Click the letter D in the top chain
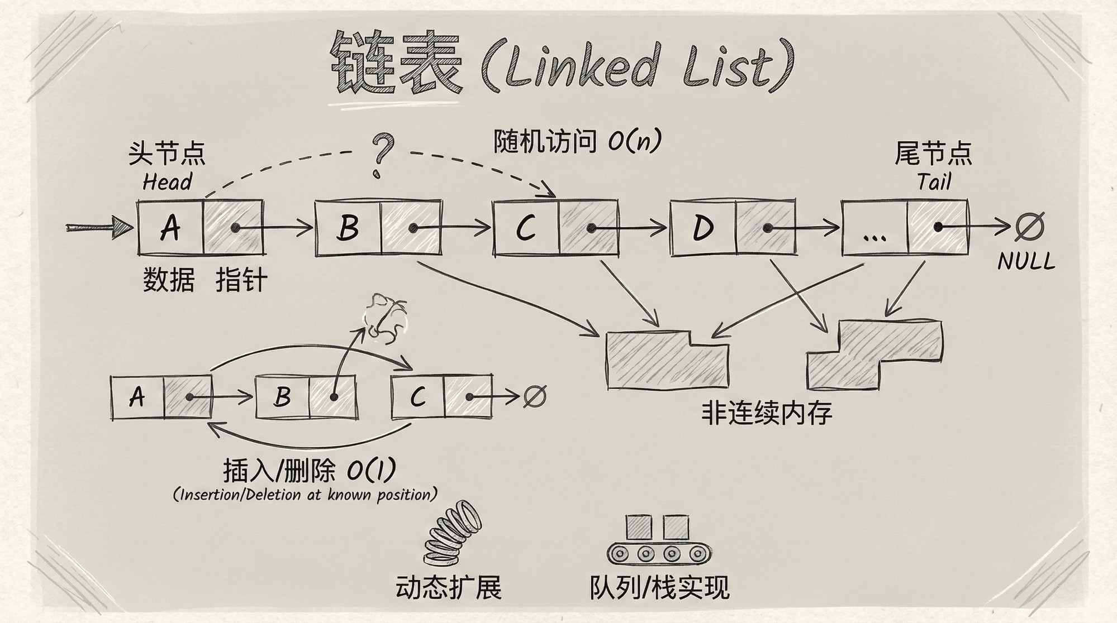703,228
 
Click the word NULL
1026,261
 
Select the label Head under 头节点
167,182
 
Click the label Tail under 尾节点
934,182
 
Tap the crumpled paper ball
385,318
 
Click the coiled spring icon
451,533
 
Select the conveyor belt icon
660,540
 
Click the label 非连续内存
767,414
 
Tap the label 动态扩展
448,587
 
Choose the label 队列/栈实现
659,587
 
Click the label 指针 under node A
241,280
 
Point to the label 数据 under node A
169,280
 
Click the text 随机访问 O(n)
577,142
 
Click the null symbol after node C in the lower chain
534,396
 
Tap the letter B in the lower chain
283,397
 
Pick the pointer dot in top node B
413,228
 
